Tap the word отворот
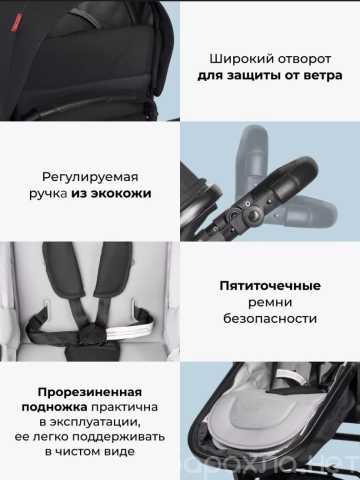click(305, 59)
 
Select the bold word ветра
click(323, 75)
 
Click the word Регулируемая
click(90, 177)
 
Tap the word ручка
click(48, 194)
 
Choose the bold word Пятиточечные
click(270, 286)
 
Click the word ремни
click(270, 303)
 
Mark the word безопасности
click(270, 319)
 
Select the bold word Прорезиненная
click(90, 392)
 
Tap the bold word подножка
click(54, 407)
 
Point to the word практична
click(125, 407)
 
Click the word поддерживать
click(119, 437)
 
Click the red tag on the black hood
click(17, 23)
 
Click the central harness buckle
click(91, 332)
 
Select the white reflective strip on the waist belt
click(129, 328)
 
